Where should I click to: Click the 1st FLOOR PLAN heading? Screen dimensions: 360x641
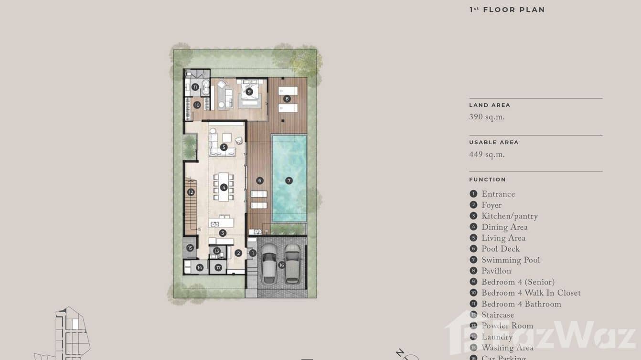(x=507, y=10)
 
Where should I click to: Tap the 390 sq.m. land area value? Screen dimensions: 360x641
(x=487, y=117)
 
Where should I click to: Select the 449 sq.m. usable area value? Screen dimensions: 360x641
(x=487, y=155)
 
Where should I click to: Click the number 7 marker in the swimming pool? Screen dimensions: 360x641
(x=288, y=180)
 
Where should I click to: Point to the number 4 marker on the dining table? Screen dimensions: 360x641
(x=224, y=187)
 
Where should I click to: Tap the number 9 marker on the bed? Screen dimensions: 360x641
(x=249, y=92)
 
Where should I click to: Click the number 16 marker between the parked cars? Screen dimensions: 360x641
(x=281, y=265)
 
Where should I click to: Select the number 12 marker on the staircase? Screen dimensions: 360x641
(x=191, y=192)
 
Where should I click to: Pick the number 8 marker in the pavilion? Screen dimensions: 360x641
(x=287, y=99)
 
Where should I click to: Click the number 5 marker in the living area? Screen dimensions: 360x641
(x=224, y=147)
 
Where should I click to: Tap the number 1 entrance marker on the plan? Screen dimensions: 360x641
(x=253, y=253)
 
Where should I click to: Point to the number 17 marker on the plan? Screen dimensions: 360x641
(x=218, y=267)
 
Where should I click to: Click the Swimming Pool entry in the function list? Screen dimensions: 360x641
(x=510, y=260)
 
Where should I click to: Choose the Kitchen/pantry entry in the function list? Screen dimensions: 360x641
(x=509, y=216)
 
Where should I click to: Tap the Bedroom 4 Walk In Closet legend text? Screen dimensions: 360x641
(x=531, y=293)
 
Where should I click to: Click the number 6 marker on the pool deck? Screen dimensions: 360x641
(x=259, y=180)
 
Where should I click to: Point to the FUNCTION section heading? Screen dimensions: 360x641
(x=487, y=180)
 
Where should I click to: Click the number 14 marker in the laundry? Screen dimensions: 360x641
(x=200, y=267)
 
